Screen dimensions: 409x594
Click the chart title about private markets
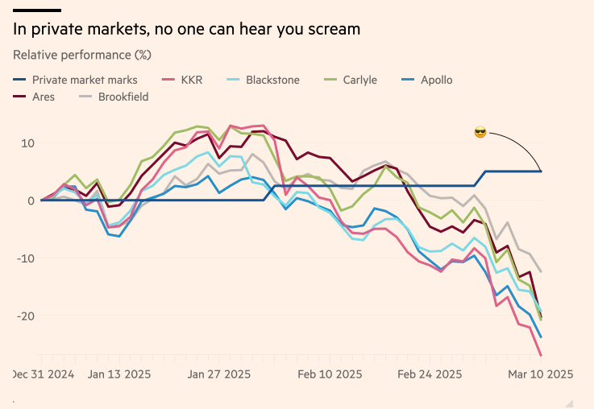click(x=186, y=29)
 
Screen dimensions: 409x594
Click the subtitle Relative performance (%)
click(x=82, y=56)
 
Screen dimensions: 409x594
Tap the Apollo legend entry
click(x=436, y=80)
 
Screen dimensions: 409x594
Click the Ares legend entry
click(x=44, y=97)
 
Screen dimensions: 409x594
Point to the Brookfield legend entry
click(x=123, y=97)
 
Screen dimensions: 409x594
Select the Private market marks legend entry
click(x=85, y=80)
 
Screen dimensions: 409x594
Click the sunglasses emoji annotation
click(x=480, y=132)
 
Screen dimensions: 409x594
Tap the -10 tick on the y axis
click(x=25, y=258)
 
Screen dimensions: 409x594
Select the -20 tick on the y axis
click(x=25, y=315)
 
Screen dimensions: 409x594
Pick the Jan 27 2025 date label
click(x=219, y=374)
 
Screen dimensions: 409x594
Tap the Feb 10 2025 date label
click(x=330, y=374)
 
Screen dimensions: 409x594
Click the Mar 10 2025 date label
click(x=541, y=374)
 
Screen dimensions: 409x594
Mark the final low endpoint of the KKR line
click(x=541, y=355)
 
